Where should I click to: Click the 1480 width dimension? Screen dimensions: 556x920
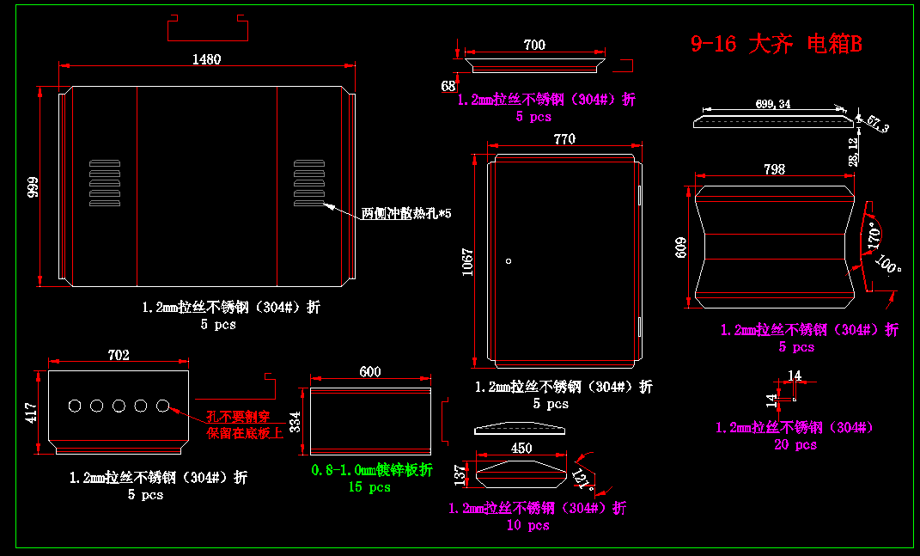(206, 59)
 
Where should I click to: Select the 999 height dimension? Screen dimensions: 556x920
(33, 187)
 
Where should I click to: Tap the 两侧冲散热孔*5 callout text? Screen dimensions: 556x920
(406, 213)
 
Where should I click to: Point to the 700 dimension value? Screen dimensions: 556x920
(534, 45)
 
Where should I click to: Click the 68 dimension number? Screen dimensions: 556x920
(448, 86)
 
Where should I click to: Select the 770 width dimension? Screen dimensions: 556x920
(564, 139)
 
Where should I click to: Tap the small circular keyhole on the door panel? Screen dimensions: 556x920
(509, 260)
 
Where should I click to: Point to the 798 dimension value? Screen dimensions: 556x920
(774, 169)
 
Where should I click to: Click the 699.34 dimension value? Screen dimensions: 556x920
(773, 104)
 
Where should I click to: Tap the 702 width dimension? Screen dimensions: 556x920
(119, 355)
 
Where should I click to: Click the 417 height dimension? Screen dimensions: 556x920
(31, 412)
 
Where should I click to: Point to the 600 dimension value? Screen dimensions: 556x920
(370, 371)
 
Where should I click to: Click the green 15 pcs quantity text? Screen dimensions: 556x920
(369, 487)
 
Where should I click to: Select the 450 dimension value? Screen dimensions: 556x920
(521, 448)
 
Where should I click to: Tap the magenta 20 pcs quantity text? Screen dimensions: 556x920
(795, 444)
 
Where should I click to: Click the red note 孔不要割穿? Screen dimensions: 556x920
(238, 418)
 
